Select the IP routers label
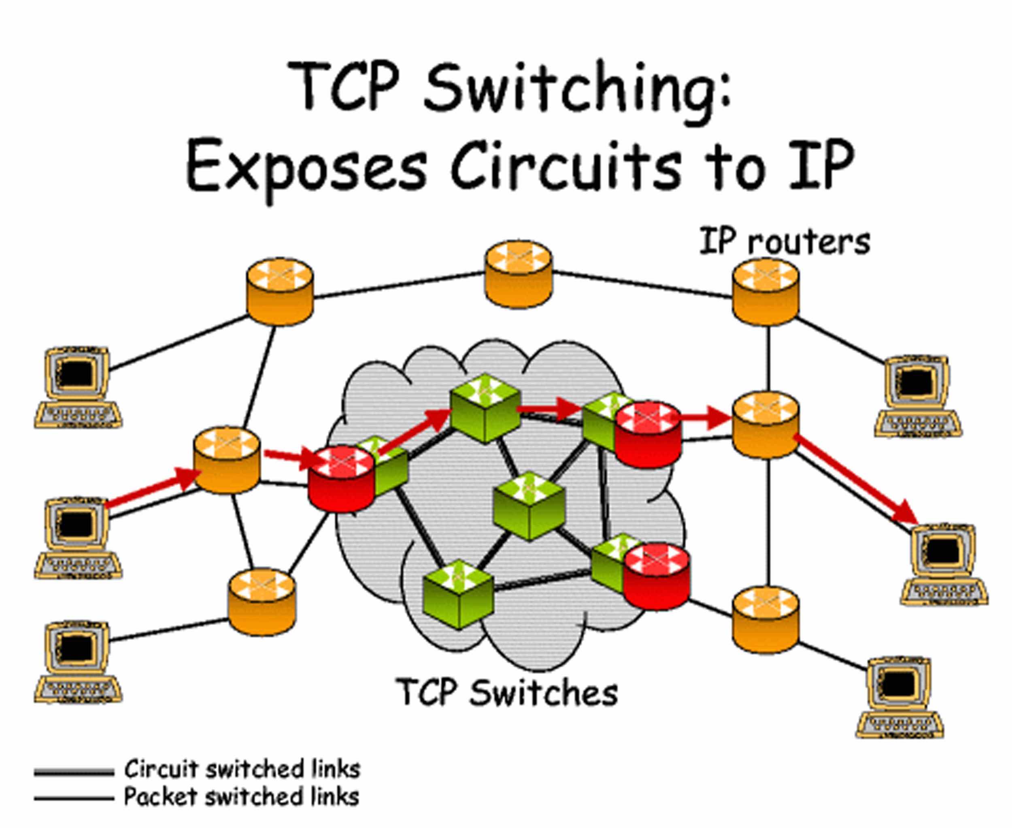coord(784,242)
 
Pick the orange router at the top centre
coord(519,275)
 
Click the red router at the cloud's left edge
coord(341,479)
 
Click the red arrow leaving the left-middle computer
coord(153,487)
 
